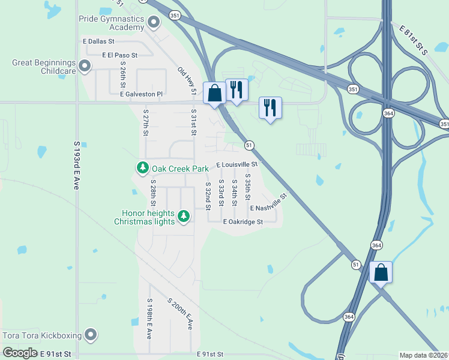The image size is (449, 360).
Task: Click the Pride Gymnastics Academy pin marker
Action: [154, 23]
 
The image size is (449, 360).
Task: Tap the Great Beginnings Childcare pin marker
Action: [85, 66]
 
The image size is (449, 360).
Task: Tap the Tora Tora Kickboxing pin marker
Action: [91, 334]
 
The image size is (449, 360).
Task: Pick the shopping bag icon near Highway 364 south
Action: [381, 272]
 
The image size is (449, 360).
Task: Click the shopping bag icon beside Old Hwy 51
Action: [214, 93]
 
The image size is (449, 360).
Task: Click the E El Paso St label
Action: [120, 55]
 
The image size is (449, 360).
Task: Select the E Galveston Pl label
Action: [141, 94]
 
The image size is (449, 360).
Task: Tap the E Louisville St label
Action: [237, 164]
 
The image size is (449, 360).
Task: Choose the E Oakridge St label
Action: [243, 222]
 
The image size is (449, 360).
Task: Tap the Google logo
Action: [20, 353]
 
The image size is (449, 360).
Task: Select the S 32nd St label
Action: [208, 196]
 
